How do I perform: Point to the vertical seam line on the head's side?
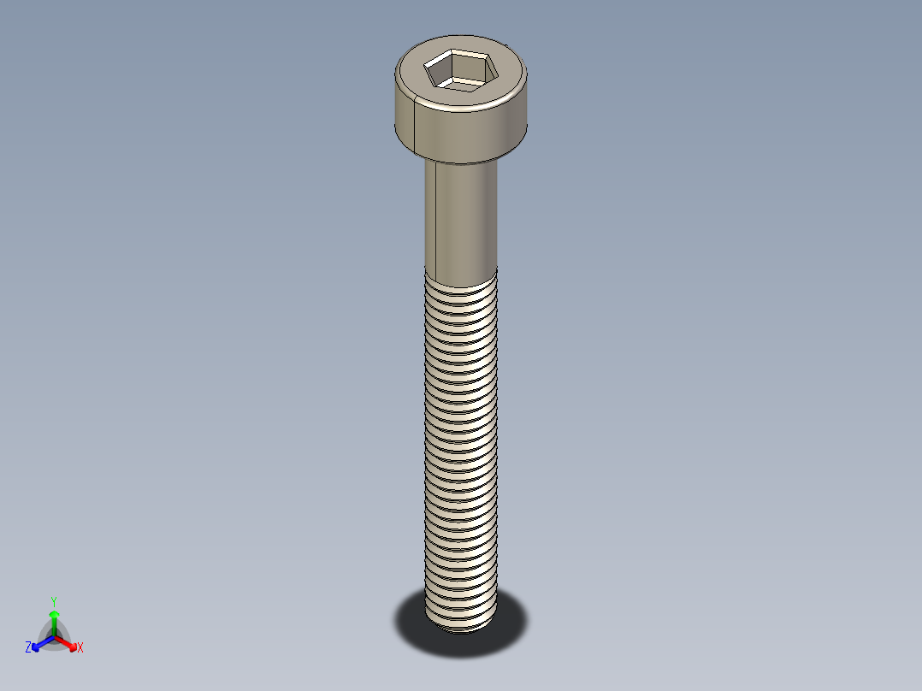coord(415,124)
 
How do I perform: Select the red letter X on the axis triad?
coord(80,648)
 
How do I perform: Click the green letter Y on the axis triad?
coord(53,601)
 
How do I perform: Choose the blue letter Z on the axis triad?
coord(28,648)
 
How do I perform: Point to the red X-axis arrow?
coord(68,642)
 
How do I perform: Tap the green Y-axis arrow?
coord(53,620)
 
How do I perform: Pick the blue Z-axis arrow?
coord(40,643)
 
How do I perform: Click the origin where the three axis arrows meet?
coord(53,636)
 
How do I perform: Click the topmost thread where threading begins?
coord(461,274)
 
